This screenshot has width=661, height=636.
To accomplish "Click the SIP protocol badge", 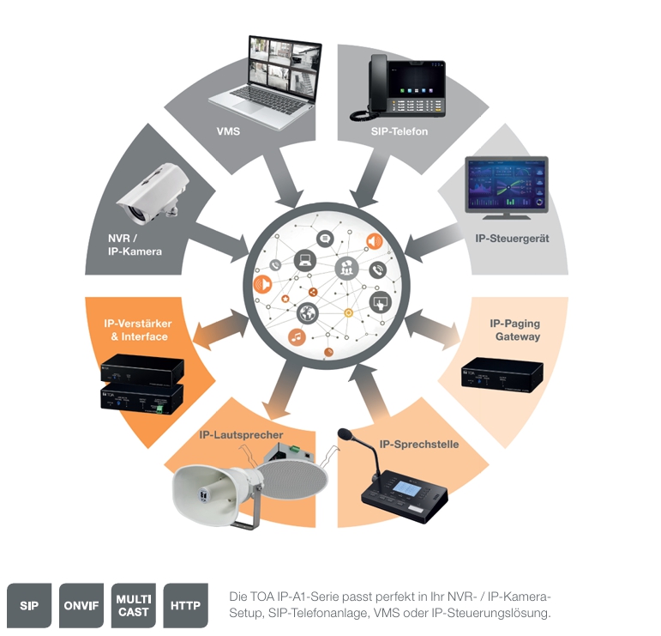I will pos(29,605).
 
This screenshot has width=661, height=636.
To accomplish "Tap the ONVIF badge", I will pos(81,605).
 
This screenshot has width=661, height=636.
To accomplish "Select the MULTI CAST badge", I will pos(134,605).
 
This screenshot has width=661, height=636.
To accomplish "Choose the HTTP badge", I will pos(185,605).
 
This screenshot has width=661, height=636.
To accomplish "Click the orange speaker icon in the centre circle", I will pos(374,241).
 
